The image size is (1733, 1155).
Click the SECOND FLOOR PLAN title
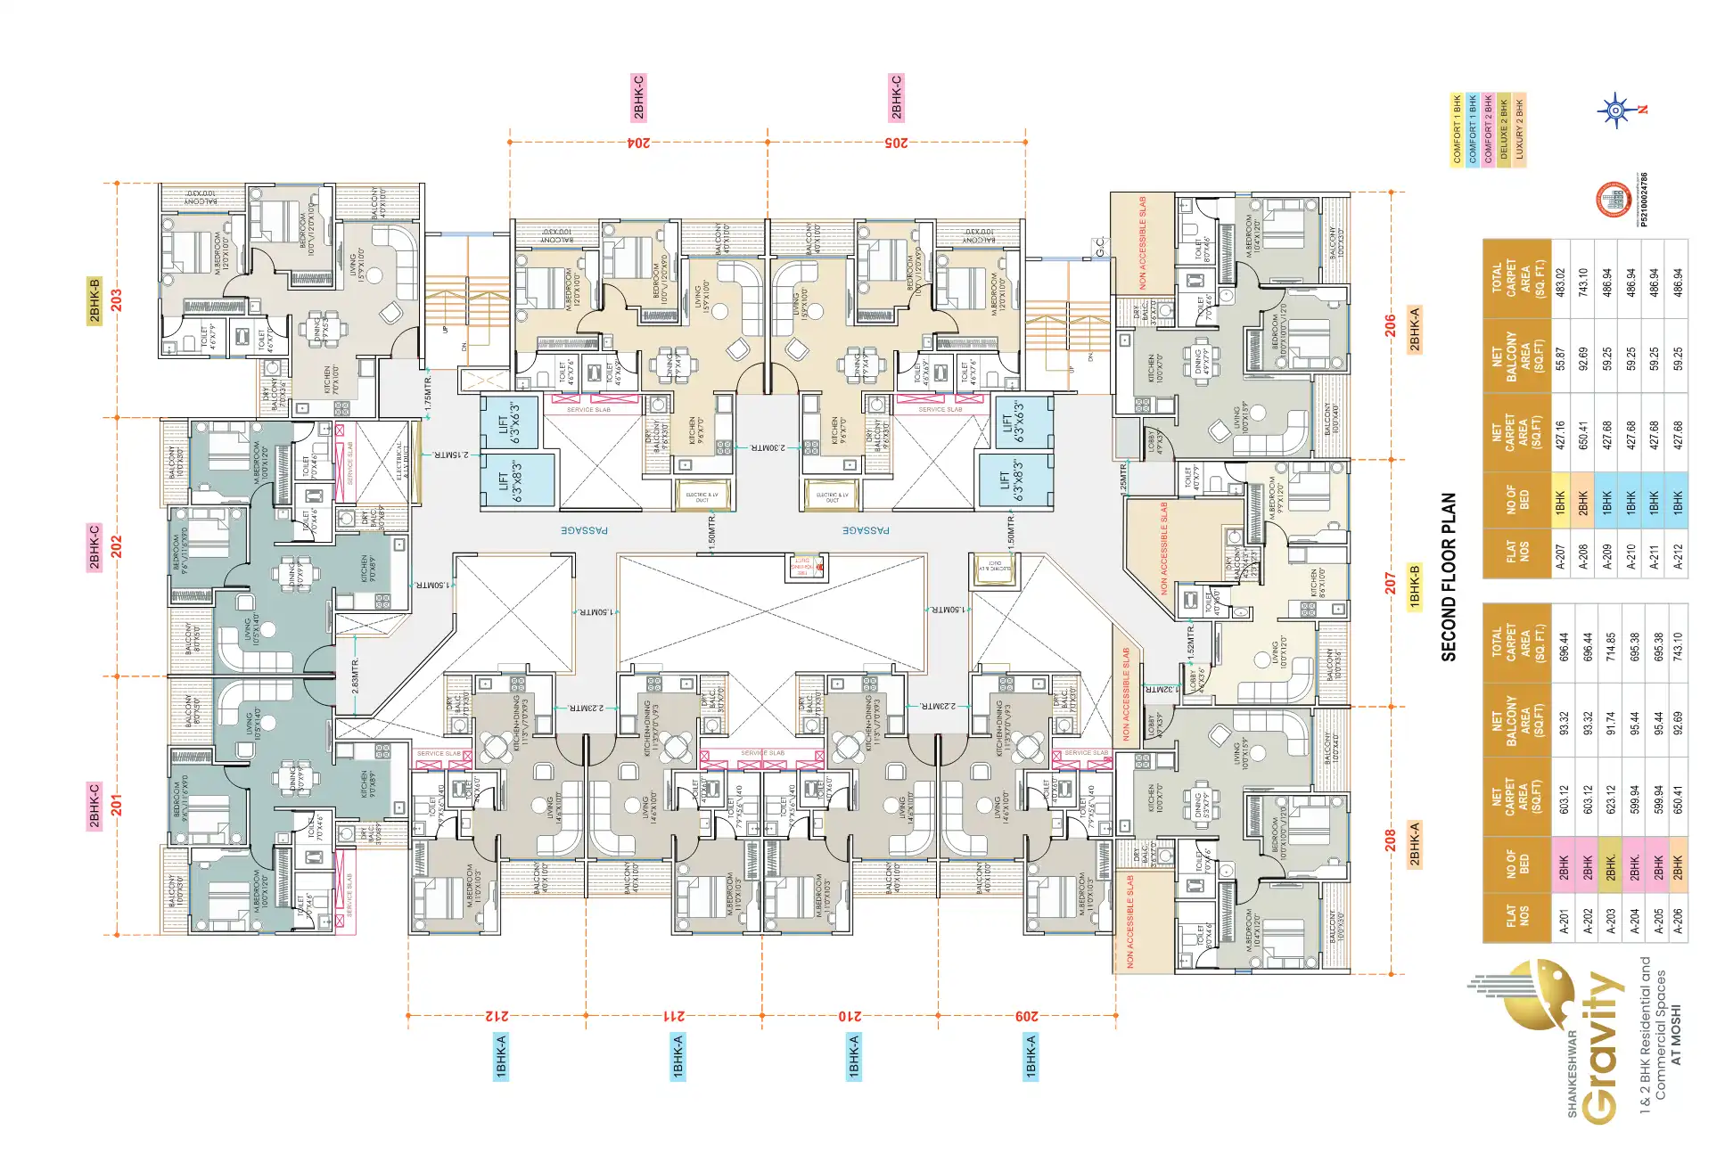coord(1449,577)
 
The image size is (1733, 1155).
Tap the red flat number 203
coord(116,299)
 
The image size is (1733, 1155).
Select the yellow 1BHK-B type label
coord(1415,586)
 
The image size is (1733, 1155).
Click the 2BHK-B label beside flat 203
coord(94,300)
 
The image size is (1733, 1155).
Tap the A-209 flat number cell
coord(1607,555)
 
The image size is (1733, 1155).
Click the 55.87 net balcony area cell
coord(1560,358)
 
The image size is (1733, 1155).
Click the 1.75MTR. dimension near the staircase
coord(429,393)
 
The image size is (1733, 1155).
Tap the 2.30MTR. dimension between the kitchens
coord(768,447)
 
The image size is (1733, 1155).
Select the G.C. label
coord(1100,248)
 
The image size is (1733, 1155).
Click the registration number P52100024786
coord(1643,200)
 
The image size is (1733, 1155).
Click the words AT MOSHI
coord(1676,1035)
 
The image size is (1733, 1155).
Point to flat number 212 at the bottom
coord(497,1015)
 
